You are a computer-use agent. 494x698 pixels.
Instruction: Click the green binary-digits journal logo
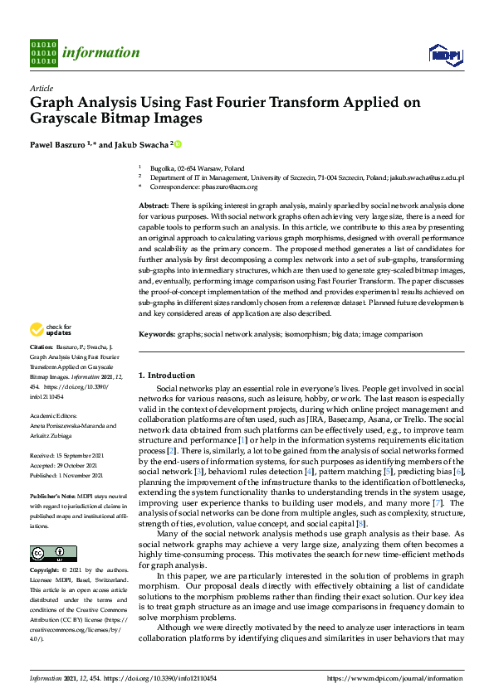click(x=43, y=52)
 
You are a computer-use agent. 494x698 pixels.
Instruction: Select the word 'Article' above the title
click(x=41, y=88)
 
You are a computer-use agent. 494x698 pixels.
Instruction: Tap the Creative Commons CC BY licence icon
click(x=53, y=553)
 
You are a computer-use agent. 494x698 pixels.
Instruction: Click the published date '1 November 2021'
click(x=81, y=476)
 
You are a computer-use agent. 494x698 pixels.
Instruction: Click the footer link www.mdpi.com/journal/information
click(x=394, y=678)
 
